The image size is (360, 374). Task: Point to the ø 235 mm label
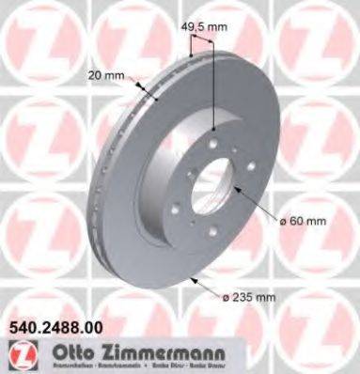coord(248,298)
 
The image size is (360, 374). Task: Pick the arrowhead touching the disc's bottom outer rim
coord(193,279)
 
